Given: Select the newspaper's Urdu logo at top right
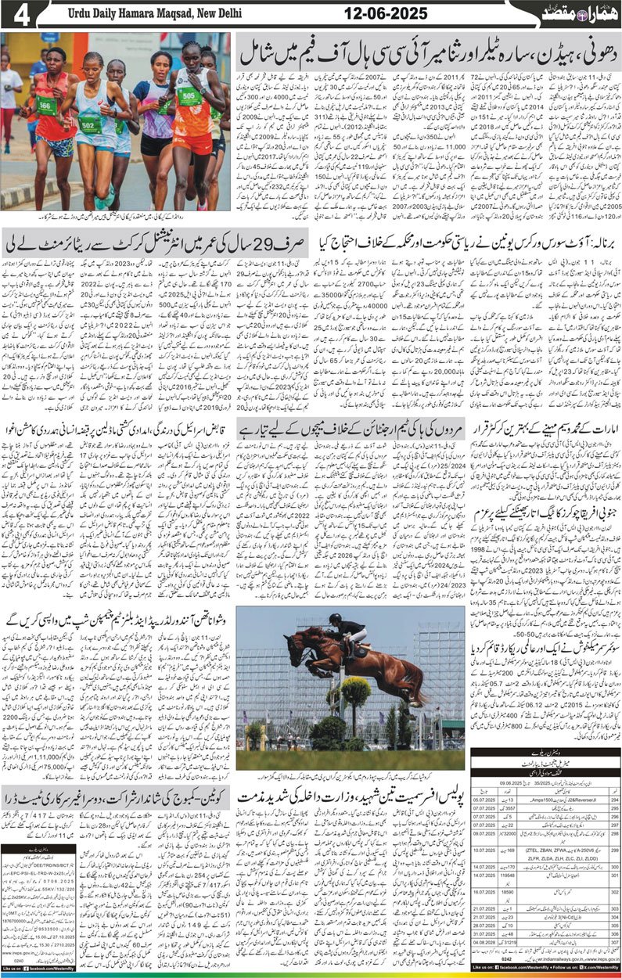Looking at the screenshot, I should [574, 14].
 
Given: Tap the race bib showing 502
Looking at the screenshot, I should [89, 124].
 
